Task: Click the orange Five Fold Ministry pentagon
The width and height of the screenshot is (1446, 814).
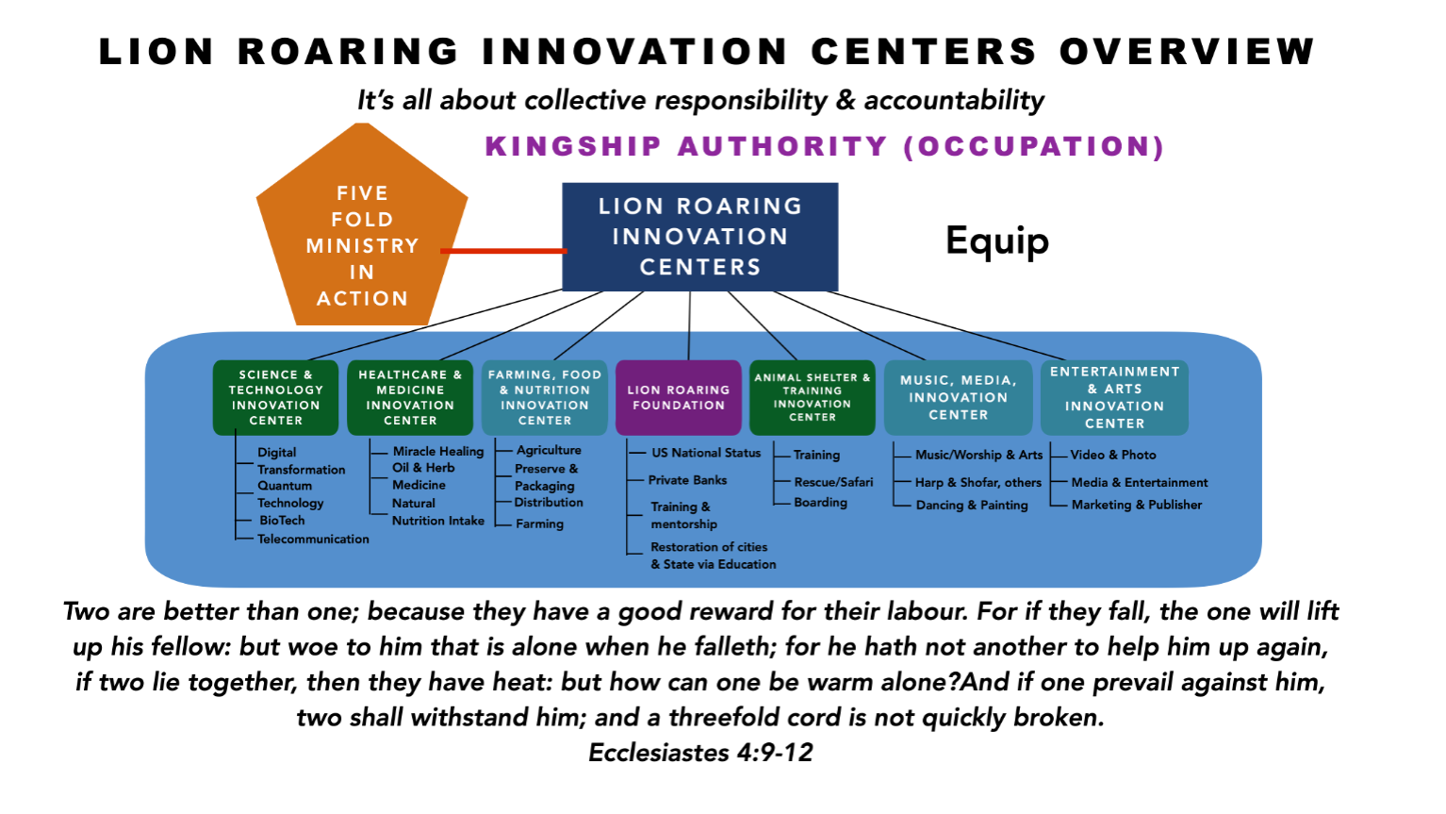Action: tap(362, 233)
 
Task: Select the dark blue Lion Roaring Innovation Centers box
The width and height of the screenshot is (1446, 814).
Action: tap(699, 237)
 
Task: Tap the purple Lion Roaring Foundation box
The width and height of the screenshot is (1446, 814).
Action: tap(679, 397)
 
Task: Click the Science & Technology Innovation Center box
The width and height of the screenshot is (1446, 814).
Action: tap(275, 397)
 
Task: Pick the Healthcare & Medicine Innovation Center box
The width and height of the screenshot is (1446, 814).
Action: tap(410, 397)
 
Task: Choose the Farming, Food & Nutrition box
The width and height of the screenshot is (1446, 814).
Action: tap(544, 397)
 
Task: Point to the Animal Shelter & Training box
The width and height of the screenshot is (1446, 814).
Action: tap(813, 397)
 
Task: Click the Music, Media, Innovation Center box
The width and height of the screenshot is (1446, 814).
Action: tap(958, 397)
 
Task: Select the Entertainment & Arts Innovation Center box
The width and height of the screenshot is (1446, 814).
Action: tap(1114, 397)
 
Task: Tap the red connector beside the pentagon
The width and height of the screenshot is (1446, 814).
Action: tap(503, 251)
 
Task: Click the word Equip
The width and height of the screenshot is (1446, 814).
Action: tap(997, 241)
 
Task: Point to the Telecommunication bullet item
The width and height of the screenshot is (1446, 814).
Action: tap(313, 539)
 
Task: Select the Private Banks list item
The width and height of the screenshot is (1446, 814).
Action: tap(687, 480)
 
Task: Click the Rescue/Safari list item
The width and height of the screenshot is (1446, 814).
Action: tap(833, 482)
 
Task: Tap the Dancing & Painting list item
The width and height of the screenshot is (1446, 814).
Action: tap(972, 506)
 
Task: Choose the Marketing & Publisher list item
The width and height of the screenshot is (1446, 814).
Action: tap(1137, 505)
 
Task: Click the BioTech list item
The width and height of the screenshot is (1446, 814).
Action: tap(282, 520)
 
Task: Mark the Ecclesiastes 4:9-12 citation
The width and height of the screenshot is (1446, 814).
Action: tap(700, 753)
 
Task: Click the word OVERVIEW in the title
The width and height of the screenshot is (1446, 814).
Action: tap(1187, 52)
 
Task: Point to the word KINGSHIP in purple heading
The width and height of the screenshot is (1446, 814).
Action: tap(574, 146)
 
